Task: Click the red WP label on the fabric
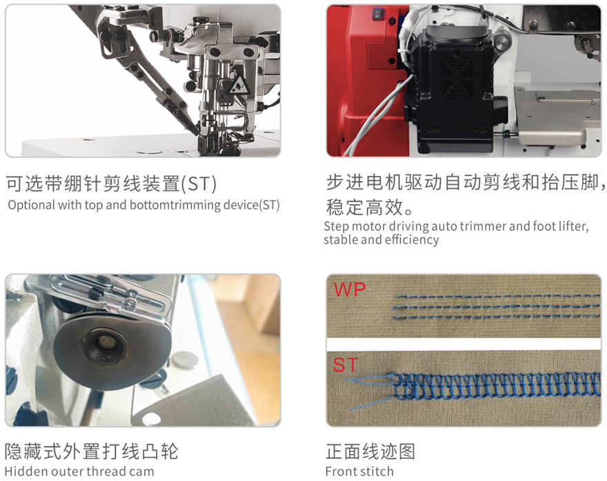[x=350, y=289]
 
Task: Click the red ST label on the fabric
[x=346, y=365]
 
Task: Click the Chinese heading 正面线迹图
[x=370, y=451]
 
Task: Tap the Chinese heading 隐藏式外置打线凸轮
[x=92, y=451]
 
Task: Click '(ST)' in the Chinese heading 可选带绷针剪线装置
[x=199, y=184]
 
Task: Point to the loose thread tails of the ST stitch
[x=370, y=391]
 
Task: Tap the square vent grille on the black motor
[x=457, y=78]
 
